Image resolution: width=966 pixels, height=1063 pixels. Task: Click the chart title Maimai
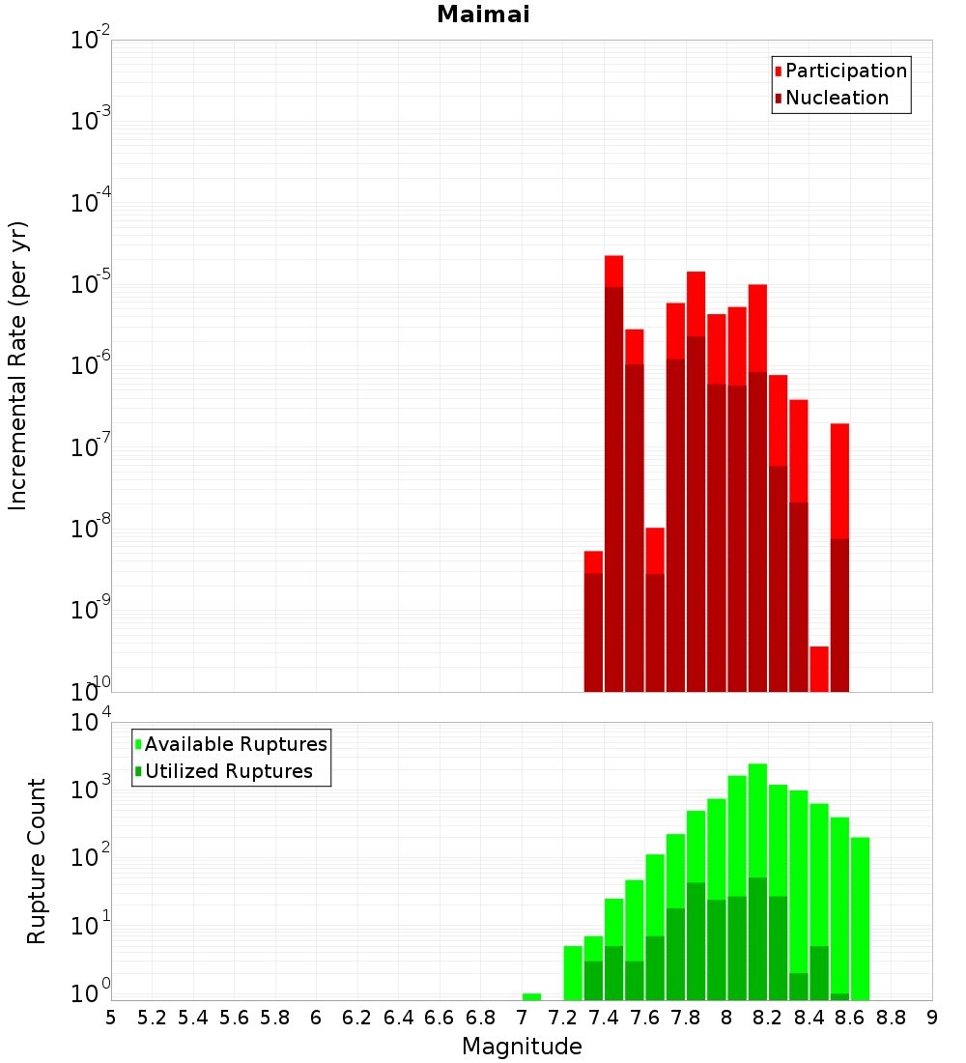pos(483,15)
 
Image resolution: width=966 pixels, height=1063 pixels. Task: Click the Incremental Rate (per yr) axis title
pos(18,365)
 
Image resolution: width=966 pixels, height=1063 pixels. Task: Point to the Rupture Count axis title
pos(37,861)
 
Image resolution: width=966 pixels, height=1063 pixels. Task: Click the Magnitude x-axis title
pos(522,1047)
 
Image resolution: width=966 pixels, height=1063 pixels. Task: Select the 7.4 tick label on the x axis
pos(604,1018)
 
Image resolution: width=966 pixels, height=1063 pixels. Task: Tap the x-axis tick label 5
pos(111,1018)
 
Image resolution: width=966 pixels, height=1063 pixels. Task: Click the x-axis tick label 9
pos(932,1018)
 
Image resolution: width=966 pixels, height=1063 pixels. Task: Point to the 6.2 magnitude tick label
pos(357,1018)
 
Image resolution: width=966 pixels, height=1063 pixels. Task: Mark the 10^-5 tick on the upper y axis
pos(92,284)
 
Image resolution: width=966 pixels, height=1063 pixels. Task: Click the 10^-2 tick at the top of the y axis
pos(92,41)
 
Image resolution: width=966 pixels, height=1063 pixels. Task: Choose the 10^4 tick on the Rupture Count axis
pos(92,723)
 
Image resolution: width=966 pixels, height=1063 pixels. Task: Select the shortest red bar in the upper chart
pos(819,669)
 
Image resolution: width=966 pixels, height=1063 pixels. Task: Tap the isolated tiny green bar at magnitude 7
pos(531,996)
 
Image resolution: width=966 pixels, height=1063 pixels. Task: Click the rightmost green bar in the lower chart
pos(860,918)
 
